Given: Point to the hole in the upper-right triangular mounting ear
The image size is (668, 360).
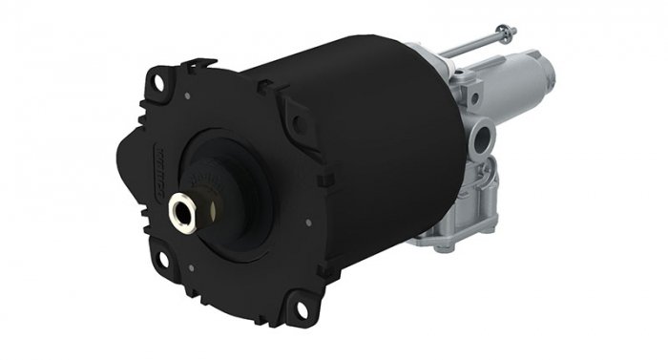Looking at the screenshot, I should [x=301, y=123].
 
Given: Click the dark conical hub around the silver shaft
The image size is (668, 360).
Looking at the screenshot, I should [x=215, y=191].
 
